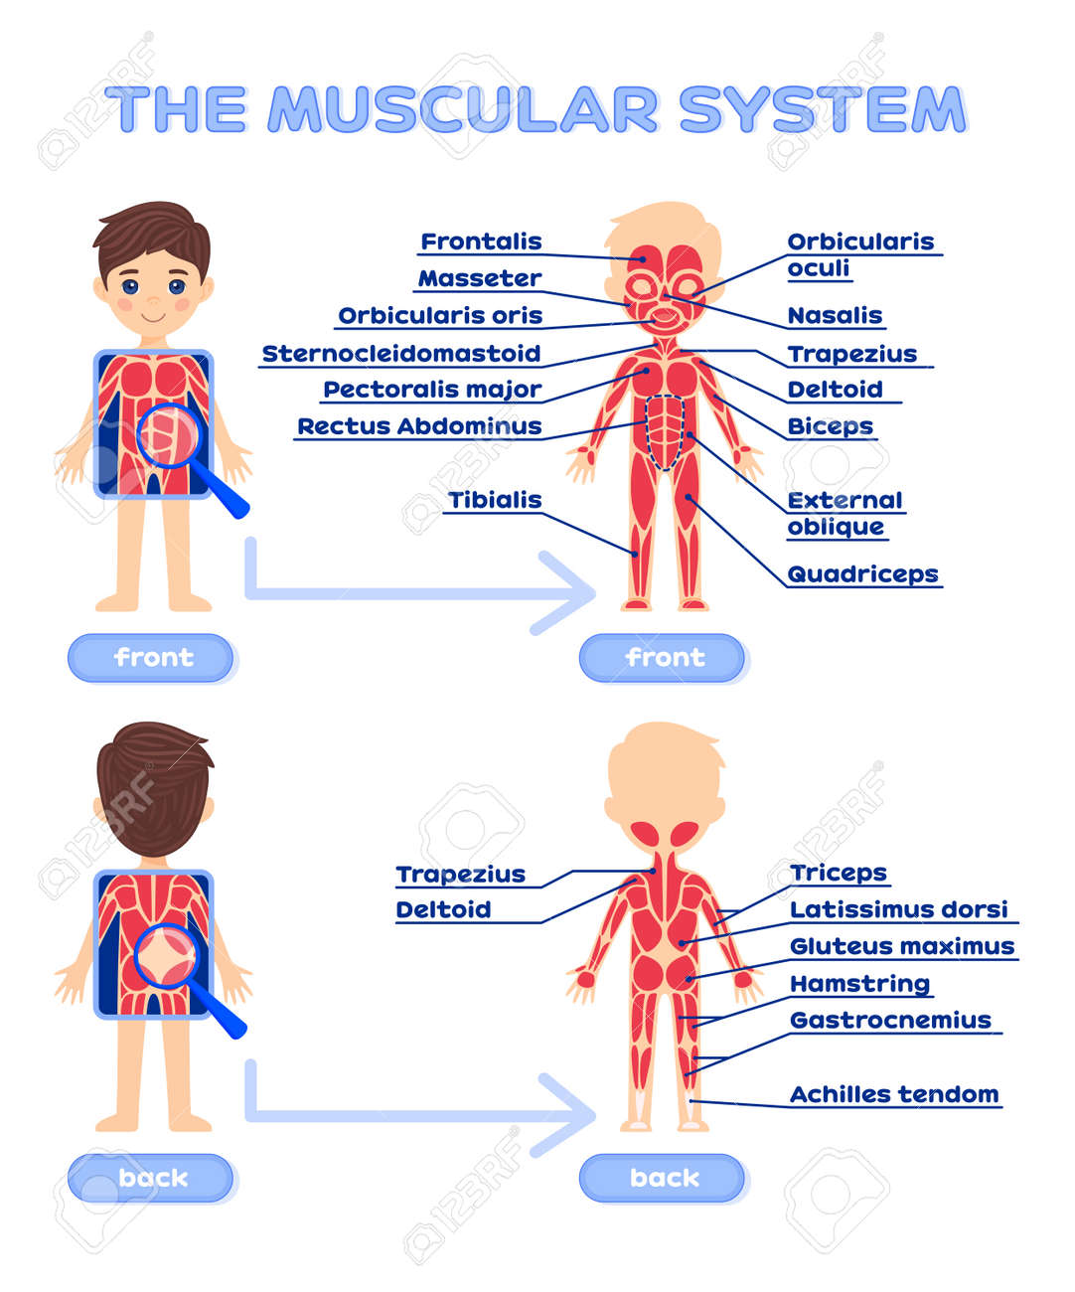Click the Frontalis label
(x=481, y=242)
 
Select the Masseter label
(x=479, y=278)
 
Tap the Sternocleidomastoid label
(x=401, y=354)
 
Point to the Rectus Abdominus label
(x=419, y=426)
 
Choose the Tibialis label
(x=495, y=500)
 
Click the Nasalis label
(x=835, y=316)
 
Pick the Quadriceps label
(x=862, y=574)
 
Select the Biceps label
(x=830, y=426)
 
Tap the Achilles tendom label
(x=894, y=1094)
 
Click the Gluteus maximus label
(x=902, y=946)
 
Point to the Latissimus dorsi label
(x=898, y=909)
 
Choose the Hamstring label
(x=859, y=984)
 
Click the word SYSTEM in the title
(x=823, y=109)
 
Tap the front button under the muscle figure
(x=663, y=658)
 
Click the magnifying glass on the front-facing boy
(x=173, y=435)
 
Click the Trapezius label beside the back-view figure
(x=460, y=875)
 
